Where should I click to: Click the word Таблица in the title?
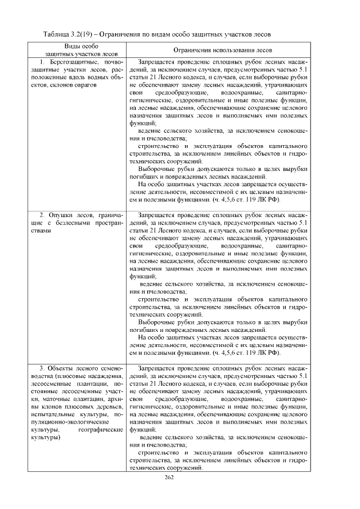pyautogui.click(x=56, y=34)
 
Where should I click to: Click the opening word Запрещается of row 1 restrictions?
pyautogui.click(x=158, y=61)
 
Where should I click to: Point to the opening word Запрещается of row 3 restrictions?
pyautogui.click(x=158, y=368)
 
